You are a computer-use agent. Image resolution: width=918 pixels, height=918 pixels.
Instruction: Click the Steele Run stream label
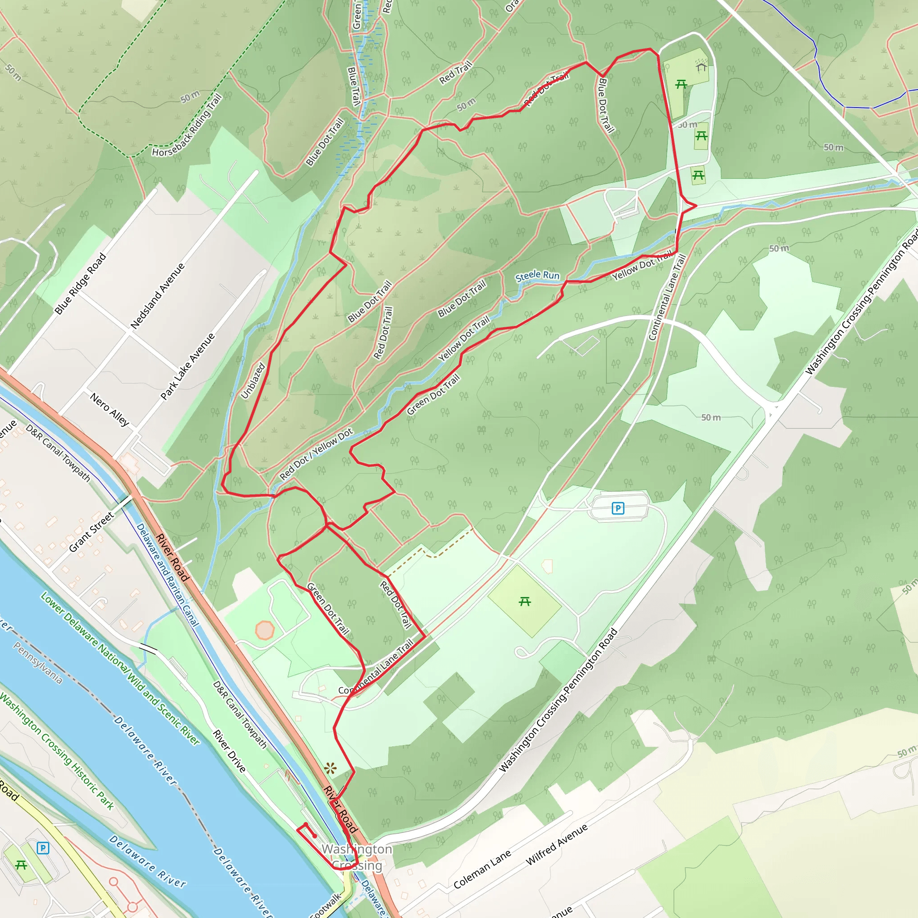(537, 276)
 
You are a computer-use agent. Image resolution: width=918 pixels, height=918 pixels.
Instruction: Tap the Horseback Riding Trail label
(187, 126)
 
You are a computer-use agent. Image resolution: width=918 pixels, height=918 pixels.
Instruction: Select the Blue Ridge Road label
(80, 284)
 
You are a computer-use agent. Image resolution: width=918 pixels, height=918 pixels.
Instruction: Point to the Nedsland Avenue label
(157, 296)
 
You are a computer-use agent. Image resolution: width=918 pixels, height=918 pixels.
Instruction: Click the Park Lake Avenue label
(188, 366)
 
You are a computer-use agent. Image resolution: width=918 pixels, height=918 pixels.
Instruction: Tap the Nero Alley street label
(110, 410)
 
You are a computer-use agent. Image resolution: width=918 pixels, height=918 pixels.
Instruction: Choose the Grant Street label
(91, 532)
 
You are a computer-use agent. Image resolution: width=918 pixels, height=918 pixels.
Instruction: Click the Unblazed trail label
(253, 381)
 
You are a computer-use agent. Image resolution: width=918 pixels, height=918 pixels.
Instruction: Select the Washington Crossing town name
(357, 857)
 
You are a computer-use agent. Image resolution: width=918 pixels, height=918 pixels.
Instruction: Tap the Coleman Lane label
(482, 869)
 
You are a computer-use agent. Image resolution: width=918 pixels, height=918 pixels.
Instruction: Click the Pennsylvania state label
(38, 663)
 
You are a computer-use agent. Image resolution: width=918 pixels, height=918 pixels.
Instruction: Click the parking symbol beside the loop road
(618, 508)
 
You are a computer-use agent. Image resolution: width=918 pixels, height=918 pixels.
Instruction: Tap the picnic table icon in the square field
(524, 602)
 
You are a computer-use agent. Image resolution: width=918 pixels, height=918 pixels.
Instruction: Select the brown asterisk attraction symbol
(330, 768)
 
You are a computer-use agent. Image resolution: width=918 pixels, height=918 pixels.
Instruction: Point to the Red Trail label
(456, 72)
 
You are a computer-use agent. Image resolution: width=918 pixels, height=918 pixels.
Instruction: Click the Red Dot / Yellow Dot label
(316, 454)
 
